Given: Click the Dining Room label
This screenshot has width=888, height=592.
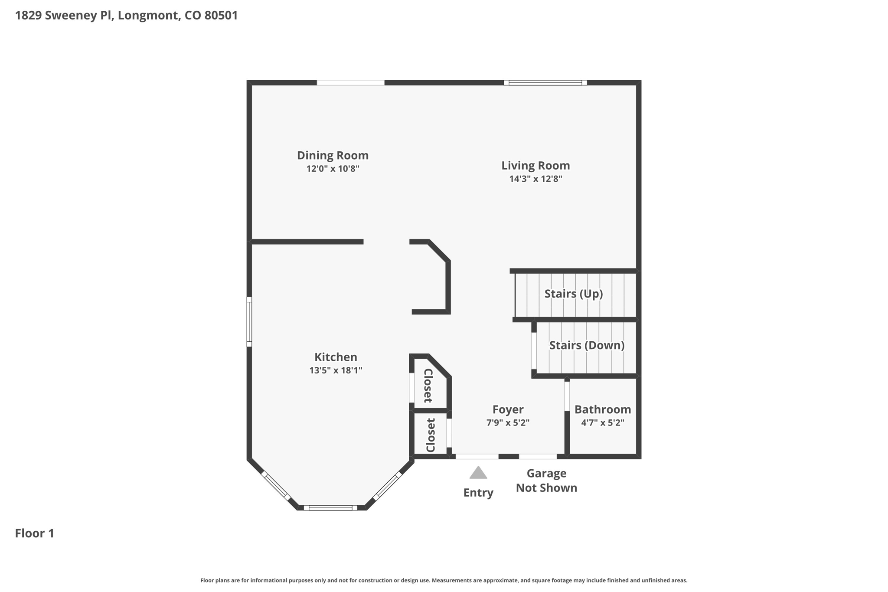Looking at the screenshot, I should click(x=333, y=155).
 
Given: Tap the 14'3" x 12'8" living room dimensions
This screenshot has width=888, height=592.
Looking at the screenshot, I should click(x=535, y=179).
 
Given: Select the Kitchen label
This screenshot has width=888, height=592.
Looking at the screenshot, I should click(x=336, y=357).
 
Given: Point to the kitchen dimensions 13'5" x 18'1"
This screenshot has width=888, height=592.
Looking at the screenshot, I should click(x=336, y=370).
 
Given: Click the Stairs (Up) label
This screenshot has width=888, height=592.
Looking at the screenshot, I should click(x=573, y=294).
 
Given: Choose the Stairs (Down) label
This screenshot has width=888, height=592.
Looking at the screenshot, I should click(x=587, y=345).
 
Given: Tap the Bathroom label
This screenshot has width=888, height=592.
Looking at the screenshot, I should click(x=602, y=409).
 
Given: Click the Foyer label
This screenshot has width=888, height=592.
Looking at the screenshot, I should click(x=508, y=409).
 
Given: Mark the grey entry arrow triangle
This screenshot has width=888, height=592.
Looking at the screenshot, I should click(x=478, y=473).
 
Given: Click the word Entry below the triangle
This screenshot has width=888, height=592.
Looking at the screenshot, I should click(x=478, y=493).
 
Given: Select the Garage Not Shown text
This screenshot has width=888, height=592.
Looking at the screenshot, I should click(x=546, y=481).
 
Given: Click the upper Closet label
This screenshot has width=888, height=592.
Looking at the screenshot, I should click(x=428, y=386).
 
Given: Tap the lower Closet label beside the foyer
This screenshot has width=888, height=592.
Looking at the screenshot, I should click(x=430, y=435).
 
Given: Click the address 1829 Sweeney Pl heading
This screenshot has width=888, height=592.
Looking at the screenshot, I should click(x=126, y=16).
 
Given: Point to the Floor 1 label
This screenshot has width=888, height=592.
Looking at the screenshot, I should click(x=35, y=533).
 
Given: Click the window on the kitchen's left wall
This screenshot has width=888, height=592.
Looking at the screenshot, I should click(x=249, y=322).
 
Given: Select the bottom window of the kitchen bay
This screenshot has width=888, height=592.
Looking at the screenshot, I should click(x=330, y=508).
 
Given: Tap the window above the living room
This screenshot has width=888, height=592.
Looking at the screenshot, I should click(x=545, y=82).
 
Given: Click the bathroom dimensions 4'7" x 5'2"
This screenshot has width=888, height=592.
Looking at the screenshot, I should click(x=602, y=423).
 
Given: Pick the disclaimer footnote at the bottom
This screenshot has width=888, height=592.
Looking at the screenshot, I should click(x=444, y=580).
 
